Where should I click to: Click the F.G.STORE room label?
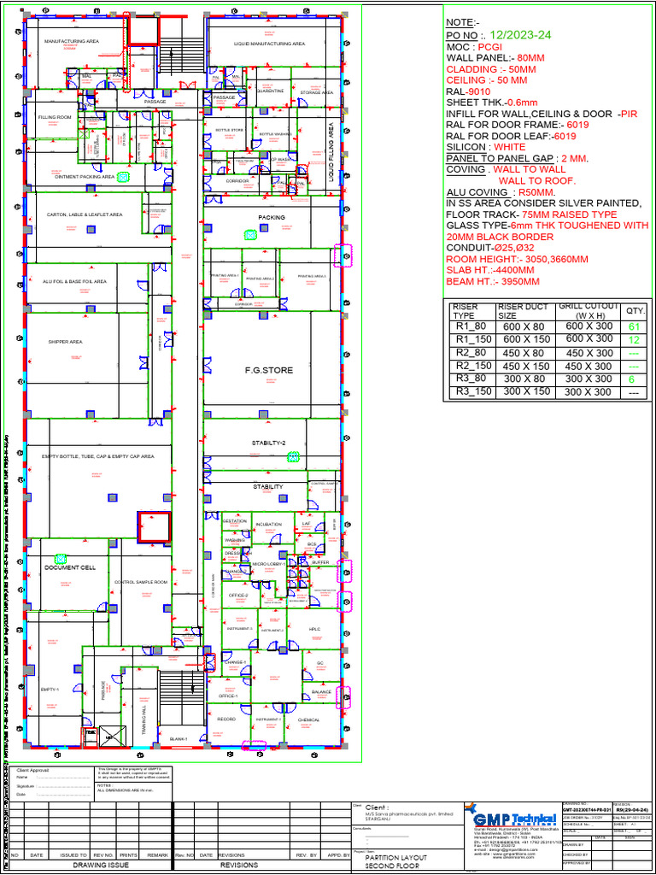click(268, 370)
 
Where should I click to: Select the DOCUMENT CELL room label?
click(70, 567)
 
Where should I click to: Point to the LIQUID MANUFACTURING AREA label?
click(270, 43)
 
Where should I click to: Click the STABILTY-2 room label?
click(268, 443)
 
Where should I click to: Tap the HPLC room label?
click(314, 629)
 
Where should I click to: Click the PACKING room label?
click(272, 218)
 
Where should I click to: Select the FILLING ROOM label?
click(55, 116)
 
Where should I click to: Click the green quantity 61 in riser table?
click(634, 326)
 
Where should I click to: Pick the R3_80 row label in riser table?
click(471, 379)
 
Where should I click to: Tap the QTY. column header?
click(635, 311)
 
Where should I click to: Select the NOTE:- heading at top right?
click(464, 21)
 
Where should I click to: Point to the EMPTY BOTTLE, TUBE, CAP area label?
click(98, 456)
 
